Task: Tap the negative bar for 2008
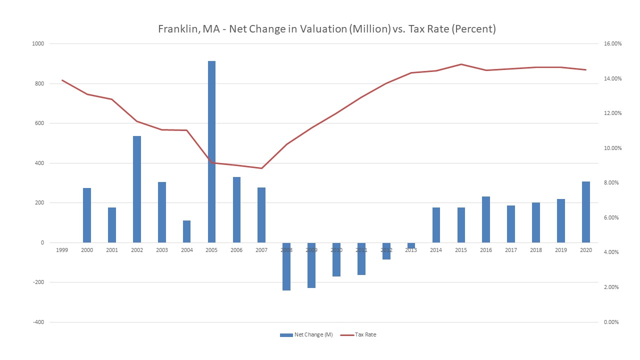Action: click(286, 266)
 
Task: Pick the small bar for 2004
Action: click(186, 231)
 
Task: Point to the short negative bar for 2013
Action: click(411, 245)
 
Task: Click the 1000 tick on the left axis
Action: click(38, 44)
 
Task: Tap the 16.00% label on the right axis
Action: click(612, 44)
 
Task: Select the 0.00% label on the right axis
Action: click(613, 322)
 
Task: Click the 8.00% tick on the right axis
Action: click(613, 183)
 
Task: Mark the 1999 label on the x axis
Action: click(62, 250)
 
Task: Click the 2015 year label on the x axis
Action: click(461, 250)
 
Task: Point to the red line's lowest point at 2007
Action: click(261, 168)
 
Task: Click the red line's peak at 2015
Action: click(461, 64)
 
